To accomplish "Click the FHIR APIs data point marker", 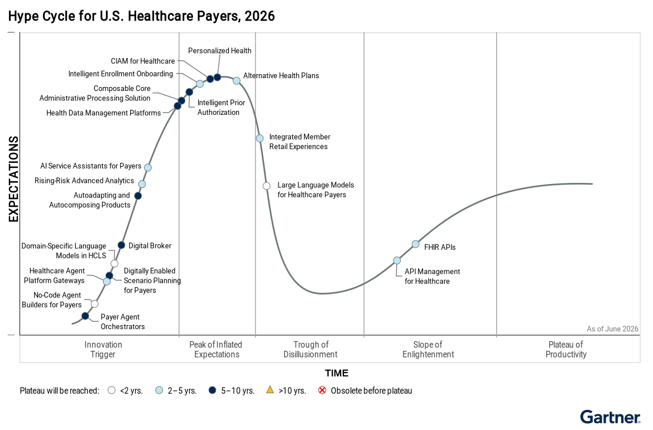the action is [x=415, y=244].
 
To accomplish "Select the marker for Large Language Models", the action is [x=267, y=186].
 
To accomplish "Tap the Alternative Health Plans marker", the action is [x=236, y=81].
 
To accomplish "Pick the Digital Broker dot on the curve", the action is [x=121, y=245].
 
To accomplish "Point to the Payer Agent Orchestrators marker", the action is [x=85, y=316].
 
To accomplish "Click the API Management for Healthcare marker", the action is [x=397, y=260].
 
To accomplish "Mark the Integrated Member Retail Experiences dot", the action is [x=260, y=138].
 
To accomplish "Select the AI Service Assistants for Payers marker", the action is [x=147, y=167].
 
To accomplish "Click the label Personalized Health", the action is [x=219, y=51].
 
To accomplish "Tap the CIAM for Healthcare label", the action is [x=143, y=61].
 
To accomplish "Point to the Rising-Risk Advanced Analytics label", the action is [x=84, y=181].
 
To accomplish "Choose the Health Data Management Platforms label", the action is [x=103, y=113].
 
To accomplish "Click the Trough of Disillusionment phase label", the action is [x=311, y=350].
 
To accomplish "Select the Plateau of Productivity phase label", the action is [x=566, y=350].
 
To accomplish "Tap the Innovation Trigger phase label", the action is [x=103, y=350].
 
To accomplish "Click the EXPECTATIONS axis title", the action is [x=13, y=179].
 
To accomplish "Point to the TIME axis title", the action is [x=337, y=373].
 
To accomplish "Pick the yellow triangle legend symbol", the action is [x=270, y=390].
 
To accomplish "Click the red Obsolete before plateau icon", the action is [x=322, y=390].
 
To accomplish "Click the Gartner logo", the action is [x=610, y=417].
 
